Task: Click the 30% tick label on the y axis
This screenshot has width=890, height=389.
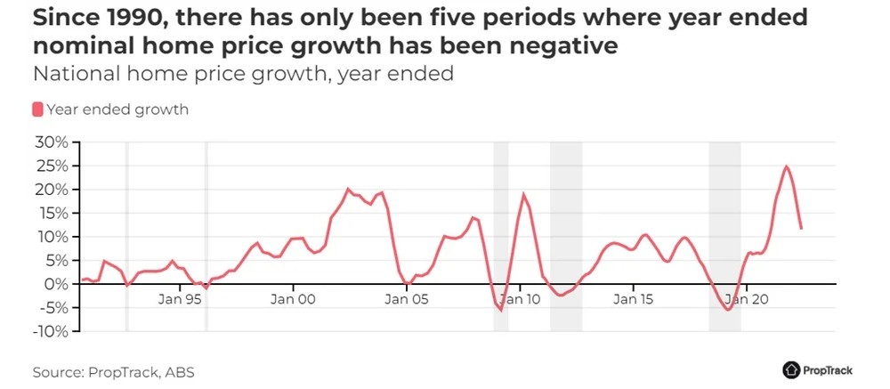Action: point(51,142)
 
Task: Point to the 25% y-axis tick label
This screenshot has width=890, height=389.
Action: point(51,166)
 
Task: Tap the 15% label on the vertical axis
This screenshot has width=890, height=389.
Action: point(51,214)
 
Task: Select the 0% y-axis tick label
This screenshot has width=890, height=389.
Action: point(55,284)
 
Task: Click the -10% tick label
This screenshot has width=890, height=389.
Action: point(48,331)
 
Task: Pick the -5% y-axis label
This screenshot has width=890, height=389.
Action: point(52,308)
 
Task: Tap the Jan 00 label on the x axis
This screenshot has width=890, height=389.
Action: point(293,300)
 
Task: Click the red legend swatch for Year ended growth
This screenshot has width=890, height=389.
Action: point(37,109)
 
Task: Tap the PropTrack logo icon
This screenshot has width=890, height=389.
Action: point(791,369)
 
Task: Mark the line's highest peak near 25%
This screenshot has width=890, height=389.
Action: point(787,166)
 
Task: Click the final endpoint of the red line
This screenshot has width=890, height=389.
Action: point(801,229)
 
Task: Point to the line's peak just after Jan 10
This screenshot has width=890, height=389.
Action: point(524,194)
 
